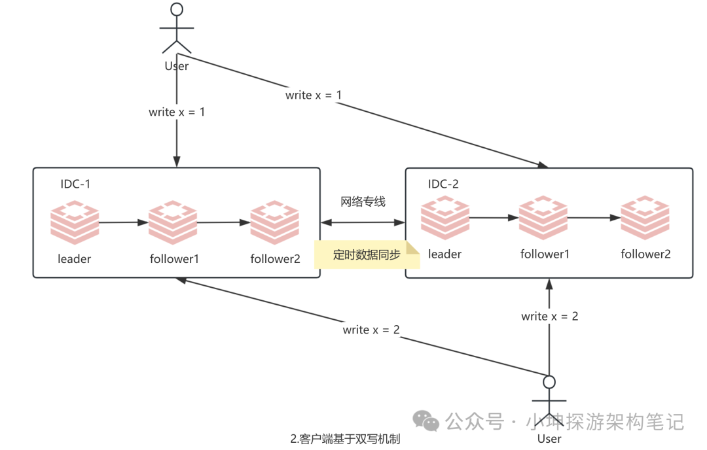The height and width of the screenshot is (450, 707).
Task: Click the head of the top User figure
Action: pyautogui.click(x=176, y=9)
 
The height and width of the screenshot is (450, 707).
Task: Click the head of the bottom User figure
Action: pyautogui.click(x=549, y=381)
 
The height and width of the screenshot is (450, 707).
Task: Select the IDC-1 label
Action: pyautogui.click(x=75, y=184)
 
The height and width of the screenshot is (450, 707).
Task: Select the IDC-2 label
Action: pyautogui.click(x=443, y=184)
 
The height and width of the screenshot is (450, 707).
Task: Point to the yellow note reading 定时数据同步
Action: pyautogui.click(x=367, y=255)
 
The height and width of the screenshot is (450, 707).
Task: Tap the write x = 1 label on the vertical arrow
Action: pyautogui.click(x=177, y=112)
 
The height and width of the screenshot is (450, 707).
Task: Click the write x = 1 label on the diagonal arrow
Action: pyautogui.click(x=314, y=95)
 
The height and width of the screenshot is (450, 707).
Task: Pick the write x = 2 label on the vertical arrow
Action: pyautogui.click(x=550, y=316)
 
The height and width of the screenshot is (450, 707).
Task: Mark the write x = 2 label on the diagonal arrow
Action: pyautogui.click(x=371, y=330)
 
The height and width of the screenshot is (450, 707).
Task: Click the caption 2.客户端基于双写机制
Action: pyautogui.click(x=345, y=439)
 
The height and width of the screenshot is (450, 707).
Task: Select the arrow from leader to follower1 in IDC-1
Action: pyautogui.click(x=123, y=222)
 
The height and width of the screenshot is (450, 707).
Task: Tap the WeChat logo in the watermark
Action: pyautogui.click(x=427, y=421)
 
